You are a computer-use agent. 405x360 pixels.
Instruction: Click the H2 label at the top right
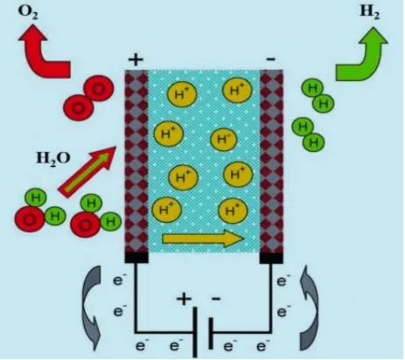(369, 12)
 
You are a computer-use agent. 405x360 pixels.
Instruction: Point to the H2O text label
(53, 159)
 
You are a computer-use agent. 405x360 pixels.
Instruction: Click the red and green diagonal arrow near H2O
(87, 171)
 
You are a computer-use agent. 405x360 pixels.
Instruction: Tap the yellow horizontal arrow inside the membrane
(203, 239)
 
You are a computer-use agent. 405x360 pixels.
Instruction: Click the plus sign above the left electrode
(136, 59)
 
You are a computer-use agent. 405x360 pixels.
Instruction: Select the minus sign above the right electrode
(270, 59)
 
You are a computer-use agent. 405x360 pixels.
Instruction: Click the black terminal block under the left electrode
(136, 258)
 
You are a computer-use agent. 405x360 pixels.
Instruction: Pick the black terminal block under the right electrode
(271, 258)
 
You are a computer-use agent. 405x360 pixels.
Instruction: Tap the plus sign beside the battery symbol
(184, 299)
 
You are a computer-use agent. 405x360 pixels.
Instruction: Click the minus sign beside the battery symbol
(216, 299)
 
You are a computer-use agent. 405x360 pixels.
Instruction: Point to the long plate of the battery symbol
(195, 332)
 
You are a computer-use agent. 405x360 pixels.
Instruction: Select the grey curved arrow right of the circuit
(310, 308)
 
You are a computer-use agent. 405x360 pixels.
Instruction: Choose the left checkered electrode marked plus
(136, 161)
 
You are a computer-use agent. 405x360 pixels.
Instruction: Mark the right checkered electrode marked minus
(271, 161)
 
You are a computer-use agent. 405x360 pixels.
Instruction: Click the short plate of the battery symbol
(211, 334)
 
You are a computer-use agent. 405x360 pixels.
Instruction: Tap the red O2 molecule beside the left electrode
(88, 98)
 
